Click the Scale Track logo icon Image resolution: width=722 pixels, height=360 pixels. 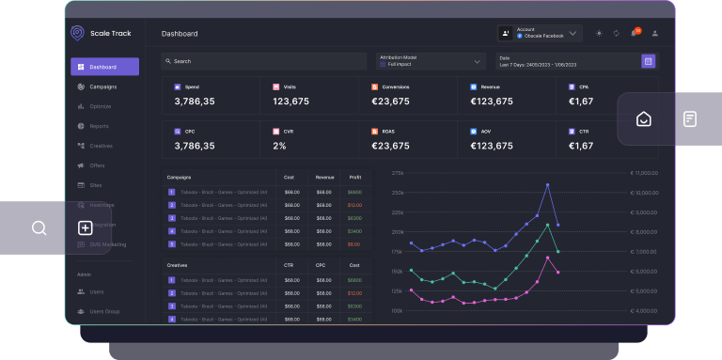[x=77, y=33]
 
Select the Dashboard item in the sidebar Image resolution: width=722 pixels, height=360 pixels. [x=104, y=67]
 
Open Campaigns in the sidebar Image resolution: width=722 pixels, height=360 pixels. [x=102, y=86]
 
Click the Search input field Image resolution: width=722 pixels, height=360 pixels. [x=263, y=61]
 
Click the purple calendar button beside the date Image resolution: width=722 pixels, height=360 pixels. [x=648, y=61]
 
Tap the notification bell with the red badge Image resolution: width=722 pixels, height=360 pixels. [x=634, y=33]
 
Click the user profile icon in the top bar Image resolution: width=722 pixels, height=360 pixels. [x=655, y=33]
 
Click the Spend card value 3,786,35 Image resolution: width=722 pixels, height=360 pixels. [x=195, y=102]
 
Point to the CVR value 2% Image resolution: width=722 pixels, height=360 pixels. [x=279, y=146]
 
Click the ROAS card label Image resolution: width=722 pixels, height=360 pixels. [x=388, y=131]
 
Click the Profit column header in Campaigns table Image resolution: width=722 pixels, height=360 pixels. [x=353, y=177]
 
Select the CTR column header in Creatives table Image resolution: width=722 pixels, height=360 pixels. [x=289, y=265]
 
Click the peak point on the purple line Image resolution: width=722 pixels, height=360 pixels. [x=548, y=184]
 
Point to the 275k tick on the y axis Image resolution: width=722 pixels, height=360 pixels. [x=397, y=173]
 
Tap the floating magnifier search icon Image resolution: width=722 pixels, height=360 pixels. [x=39, y=227]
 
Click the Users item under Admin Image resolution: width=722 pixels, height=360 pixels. [x=97, y=291]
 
